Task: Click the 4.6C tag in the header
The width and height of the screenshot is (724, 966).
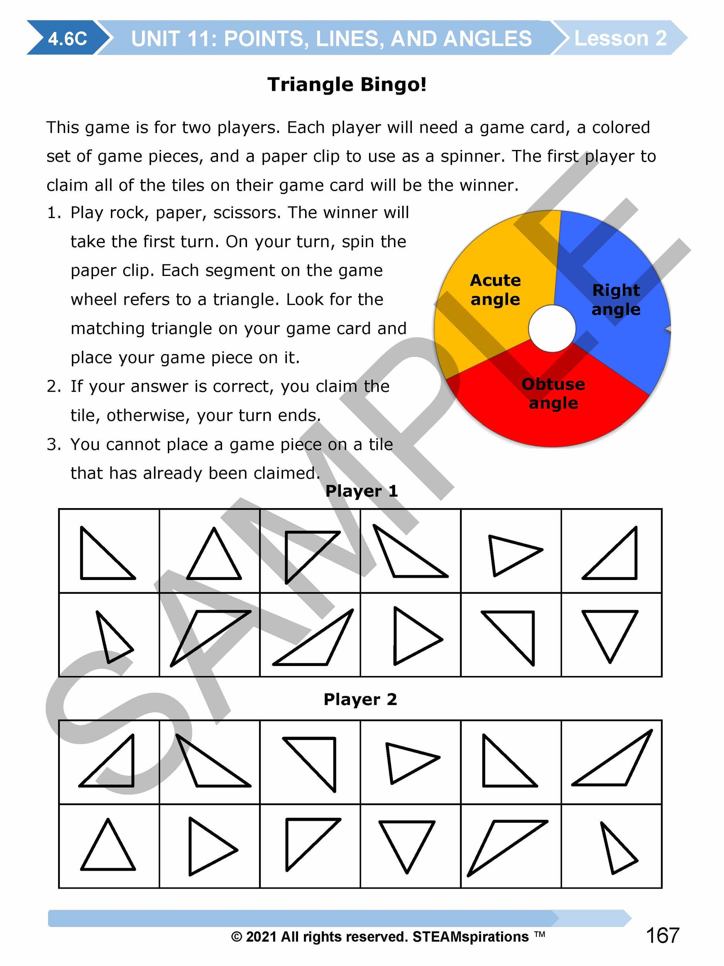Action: point(67,38)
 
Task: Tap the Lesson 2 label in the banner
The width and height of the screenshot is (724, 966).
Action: point(620,38)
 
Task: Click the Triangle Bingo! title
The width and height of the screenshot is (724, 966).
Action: point(347,84)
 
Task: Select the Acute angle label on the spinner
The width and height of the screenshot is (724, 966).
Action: point(495,290)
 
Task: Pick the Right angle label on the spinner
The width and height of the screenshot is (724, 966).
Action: point(616,300)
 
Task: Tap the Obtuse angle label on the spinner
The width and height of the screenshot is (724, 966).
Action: point(553,393)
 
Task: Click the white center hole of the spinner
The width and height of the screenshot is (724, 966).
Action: point(552,328)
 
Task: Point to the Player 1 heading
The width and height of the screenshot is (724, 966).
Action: point(361,491)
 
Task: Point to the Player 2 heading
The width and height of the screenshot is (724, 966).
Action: point(360,699)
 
